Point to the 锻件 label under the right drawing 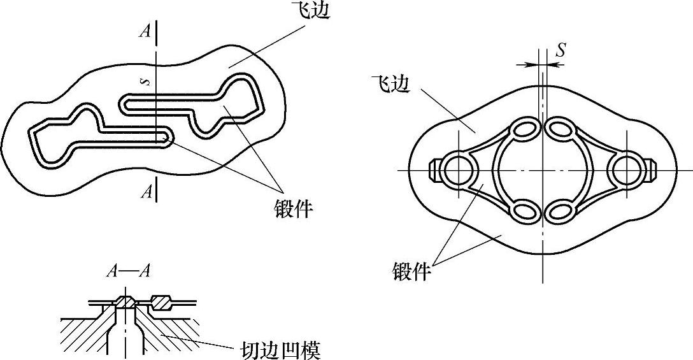click(x=411, y=272)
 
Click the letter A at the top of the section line click(x=145, y=31)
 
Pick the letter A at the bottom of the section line click(x=146, y=192)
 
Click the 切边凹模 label click(x=280, y=350)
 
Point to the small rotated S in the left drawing click(x=146, y=82)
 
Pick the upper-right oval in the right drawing click(x=561, y=129)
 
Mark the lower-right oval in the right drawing click(x=561, y=211)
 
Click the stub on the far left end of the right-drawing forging click(x=434, y=170)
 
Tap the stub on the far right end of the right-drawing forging click(x=650, y=170)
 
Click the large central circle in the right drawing click(x=543, y=170)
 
